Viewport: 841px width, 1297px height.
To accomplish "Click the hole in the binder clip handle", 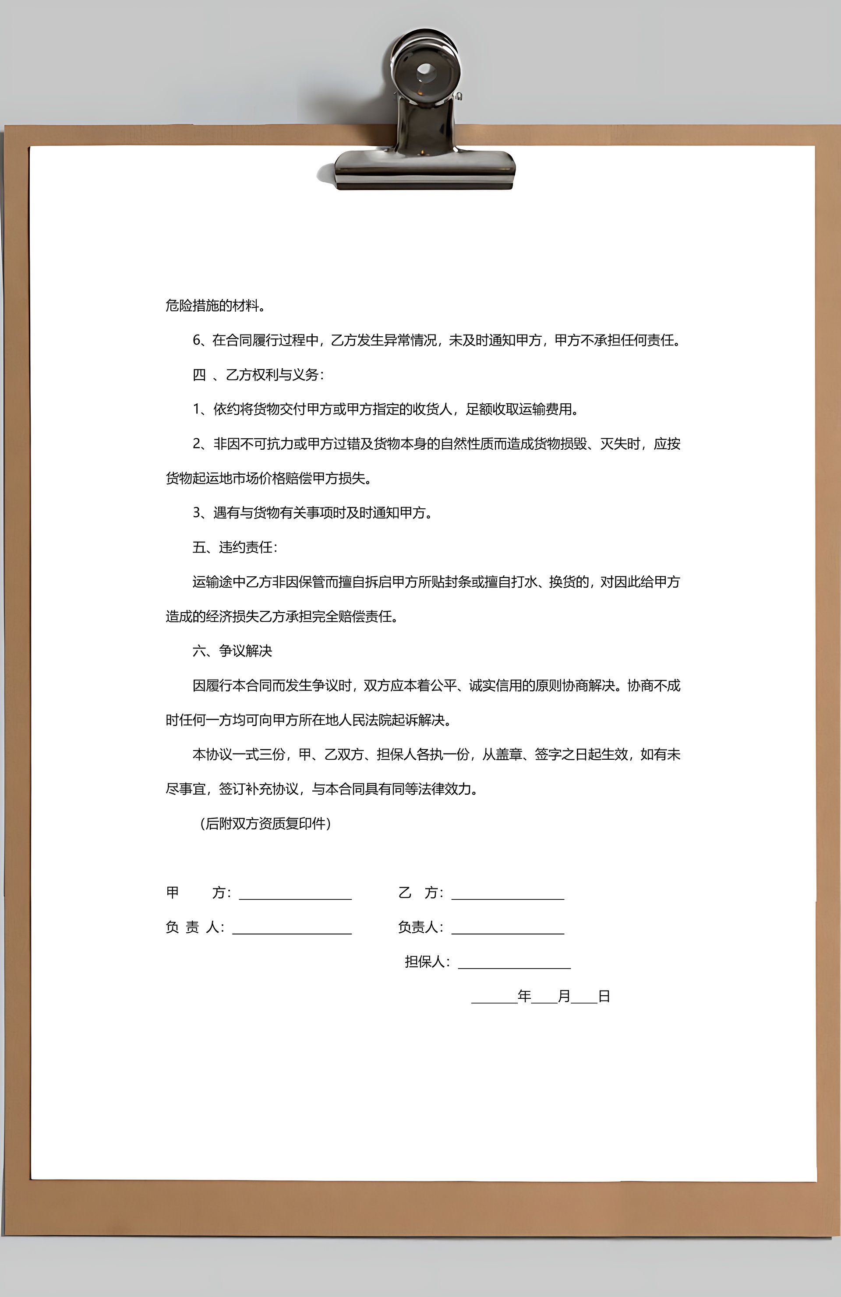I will tap(426, 71).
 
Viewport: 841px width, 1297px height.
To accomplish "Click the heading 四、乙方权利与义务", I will tap(258, 375).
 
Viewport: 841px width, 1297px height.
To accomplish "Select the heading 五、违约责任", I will tap(234, 547).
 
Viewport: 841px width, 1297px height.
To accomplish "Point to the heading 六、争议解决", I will tap(232, 651).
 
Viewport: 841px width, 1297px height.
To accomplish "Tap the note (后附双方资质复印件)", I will tap(265, 823).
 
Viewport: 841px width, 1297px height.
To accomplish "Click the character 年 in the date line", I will tap(524, 996).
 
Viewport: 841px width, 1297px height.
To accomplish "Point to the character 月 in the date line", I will tap(564, 996).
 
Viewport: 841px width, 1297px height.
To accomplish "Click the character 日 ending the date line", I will tap(604, 996).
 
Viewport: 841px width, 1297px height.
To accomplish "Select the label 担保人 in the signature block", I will tap(424, 962).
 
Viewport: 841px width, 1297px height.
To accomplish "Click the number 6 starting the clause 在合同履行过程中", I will tap(197, 341).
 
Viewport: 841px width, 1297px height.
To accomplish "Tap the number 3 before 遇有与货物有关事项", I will tap(197, 513).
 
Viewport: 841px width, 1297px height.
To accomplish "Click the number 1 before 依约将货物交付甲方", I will tap(197, 409).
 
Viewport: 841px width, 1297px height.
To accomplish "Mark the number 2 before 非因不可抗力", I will tap(197, 444).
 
